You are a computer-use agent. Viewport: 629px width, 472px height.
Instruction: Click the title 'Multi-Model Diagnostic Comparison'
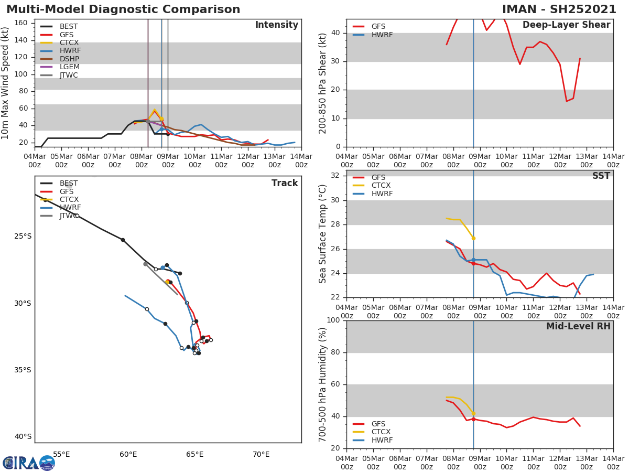[123, 9]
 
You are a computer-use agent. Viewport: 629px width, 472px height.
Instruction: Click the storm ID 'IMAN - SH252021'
[559, 9]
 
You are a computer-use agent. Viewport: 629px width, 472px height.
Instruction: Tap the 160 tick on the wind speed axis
[21, 23]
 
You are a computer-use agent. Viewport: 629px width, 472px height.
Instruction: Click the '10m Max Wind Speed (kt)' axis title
[6, 83]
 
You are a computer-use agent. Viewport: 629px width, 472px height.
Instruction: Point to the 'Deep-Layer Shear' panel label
[566, 25]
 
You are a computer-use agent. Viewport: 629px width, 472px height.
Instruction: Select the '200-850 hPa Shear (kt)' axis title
[323, 83]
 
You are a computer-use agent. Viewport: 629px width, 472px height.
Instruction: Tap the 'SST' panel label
[601, 176]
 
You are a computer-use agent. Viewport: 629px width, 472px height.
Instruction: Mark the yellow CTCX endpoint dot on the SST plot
[473, 238]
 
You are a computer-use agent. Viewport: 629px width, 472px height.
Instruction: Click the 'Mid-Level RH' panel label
[578, 327]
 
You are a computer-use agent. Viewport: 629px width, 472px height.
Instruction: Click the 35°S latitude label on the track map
[23, 370]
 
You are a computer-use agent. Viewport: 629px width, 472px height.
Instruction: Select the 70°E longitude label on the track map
[261, 454]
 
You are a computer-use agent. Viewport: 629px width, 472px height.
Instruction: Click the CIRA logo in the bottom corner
[29, 463]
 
